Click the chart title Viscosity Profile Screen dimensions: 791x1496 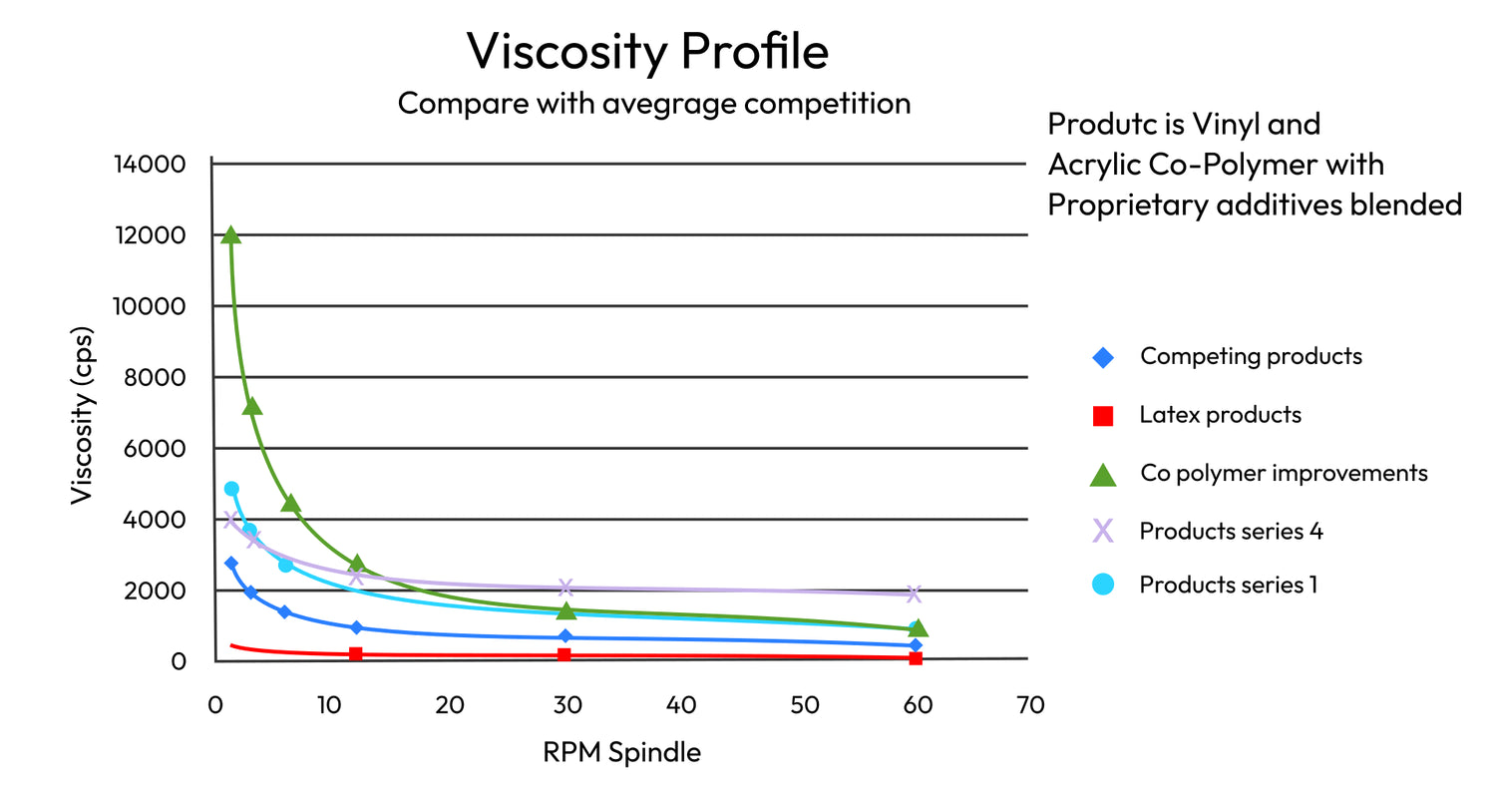coord(647,51)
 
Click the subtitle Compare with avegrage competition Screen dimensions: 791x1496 coord(653,103)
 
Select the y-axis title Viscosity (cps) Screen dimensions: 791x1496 coord(82,413)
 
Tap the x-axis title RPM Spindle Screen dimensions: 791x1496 coord(621,752)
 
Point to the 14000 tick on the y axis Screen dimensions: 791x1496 coord(153,164)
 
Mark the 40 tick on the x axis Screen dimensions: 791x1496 coord(681,705)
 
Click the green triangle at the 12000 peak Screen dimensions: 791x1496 coord(231,234)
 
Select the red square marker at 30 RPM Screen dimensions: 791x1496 coord(564,654)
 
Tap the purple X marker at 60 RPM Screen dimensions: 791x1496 coord(914,593)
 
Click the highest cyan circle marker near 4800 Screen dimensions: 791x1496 coord(231,489)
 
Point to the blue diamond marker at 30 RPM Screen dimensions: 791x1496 coord(565,636)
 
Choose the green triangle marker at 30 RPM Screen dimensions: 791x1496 coord(566,610)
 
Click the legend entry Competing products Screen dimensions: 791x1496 coord(1251,356)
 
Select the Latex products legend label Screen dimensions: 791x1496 coord(1220,414)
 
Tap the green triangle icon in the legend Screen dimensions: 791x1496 coord(1103,475)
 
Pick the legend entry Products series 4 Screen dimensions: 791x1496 coord(1231,531)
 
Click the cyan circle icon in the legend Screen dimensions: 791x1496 coord(1103,585)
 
